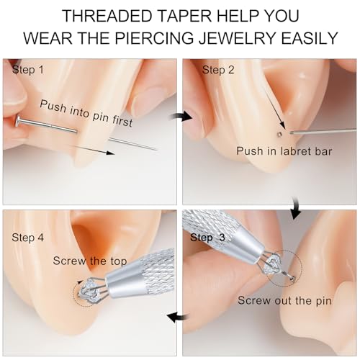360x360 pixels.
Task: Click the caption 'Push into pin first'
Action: coord(86,113)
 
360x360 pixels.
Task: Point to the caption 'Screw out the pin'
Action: coord(284,300)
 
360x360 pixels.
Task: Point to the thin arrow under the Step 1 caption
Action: coord(94,148)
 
